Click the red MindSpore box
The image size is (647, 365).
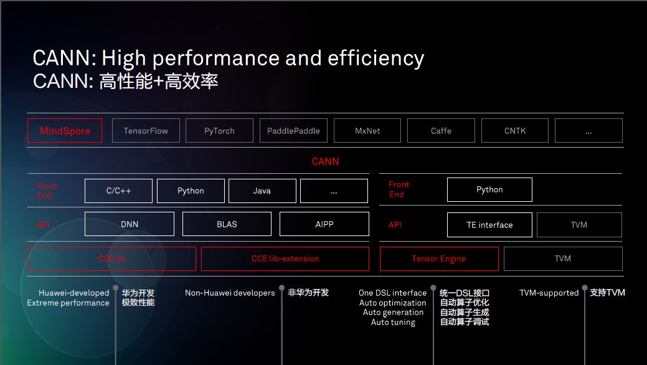coord(65,130)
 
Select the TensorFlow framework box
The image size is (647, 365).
coord(146,130)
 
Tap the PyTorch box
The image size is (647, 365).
coord(219,130)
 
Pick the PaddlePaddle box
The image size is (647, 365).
coord(293,130)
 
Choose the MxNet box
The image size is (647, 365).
coord(367,130)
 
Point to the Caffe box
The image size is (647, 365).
coord(441,130)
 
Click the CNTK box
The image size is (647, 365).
coord(515,130)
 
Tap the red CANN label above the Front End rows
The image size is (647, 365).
coord(325,161)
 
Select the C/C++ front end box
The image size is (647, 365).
coord(118,191)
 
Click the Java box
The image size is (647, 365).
coord(262,191)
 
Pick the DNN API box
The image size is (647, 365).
coord(129,224)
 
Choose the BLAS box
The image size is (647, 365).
coord(227,224)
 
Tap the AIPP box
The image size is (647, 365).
coord(324,224)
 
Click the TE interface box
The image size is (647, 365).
coord(489,225)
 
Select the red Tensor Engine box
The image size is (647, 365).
coord(439,258)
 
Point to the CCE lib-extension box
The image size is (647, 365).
coord(285,258)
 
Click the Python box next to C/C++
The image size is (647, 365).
coord(191,191)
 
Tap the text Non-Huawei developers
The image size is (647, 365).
coord(230,293)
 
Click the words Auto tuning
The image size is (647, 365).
coord(393,322)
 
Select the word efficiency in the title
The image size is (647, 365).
coord(375,59)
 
